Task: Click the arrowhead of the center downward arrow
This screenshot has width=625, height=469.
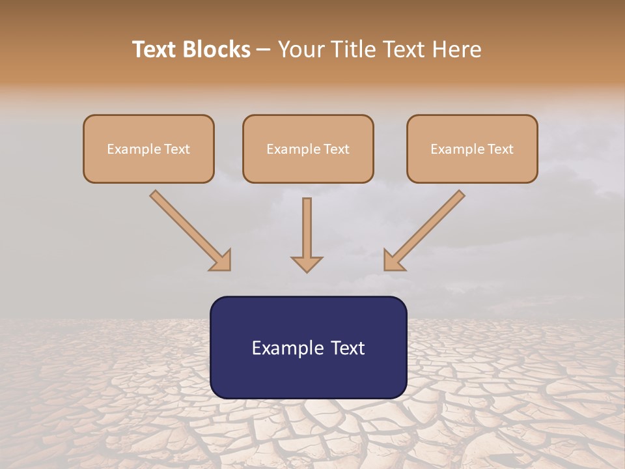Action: [x=307, y=264]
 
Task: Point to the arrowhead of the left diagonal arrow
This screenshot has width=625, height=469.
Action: [x=221, y=261]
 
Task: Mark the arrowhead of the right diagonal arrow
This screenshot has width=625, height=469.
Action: [x=394, y=261]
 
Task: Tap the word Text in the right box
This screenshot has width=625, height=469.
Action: [x=501, y=149]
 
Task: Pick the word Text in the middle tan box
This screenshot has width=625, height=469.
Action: [x=337, y=149]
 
